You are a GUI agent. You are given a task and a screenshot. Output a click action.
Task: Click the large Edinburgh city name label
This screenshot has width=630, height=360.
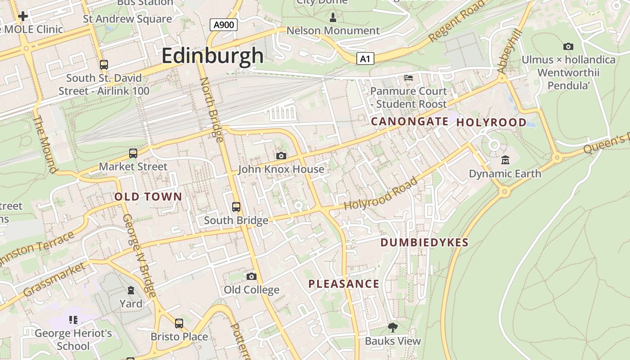click(212, 56)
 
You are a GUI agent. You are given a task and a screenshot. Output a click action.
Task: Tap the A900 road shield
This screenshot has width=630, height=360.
click(224, 24)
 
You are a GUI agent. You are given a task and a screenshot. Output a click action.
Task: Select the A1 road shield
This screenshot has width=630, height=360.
click(366, 58)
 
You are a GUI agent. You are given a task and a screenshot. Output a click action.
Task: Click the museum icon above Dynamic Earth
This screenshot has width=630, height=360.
click(505, 160)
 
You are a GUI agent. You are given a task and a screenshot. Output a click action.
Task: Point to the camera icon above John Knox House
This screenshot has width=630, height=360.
click(281, 156)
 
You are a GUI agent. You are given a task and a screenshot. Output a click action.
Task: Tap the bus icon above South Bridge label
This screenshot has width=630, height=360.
click(236, 207)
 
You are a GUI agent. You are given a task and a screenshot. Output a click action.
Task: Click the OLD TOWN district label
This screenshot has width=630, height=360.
click(148, 197)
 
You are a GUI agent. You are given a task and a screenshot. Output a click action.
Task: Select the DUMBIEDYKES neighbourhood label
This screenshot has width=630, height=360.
click(424, 243)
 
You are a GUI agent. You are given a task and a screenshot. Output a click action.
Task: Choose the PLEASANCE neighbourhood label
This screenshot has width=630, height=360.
click(344, 284)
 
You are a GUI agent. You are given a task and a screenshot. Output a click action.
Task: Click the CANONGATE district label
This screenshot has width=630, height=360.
click(409, 121)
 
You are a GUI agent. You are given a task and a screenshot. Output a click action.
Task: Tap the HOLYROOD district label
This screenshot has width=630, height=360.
click(491, 122)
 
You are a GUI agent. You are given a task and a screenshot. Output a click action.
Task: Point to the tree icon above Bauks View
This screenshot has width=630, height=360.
click(393, 327)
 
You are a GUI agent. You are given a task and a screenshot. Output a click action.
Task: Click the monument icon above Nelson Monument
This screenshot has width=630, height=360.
click(333, 18)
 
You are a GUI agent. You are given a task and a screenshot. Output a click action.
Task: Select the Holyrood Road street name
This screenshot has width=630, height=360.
click(381, 194)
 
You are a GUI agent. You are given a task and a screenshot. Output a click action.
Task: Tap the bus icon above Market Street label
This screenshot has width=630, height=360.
click(133, 153)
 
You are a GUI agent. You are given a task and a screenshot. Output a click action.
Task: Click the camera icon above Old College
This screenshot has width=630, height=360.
click(252, 276)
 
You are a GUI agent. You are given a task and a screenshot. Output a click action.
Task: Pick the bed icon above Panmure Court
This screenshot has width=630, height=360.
click(409, 78)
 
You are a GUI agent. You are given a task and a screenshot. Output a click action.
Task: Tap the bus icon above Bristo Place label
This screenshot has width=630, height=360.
click(179, 323)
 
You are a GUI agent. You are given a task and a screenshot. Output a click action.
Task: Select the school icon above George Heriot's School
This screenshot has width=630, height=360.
click(73, 320)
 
